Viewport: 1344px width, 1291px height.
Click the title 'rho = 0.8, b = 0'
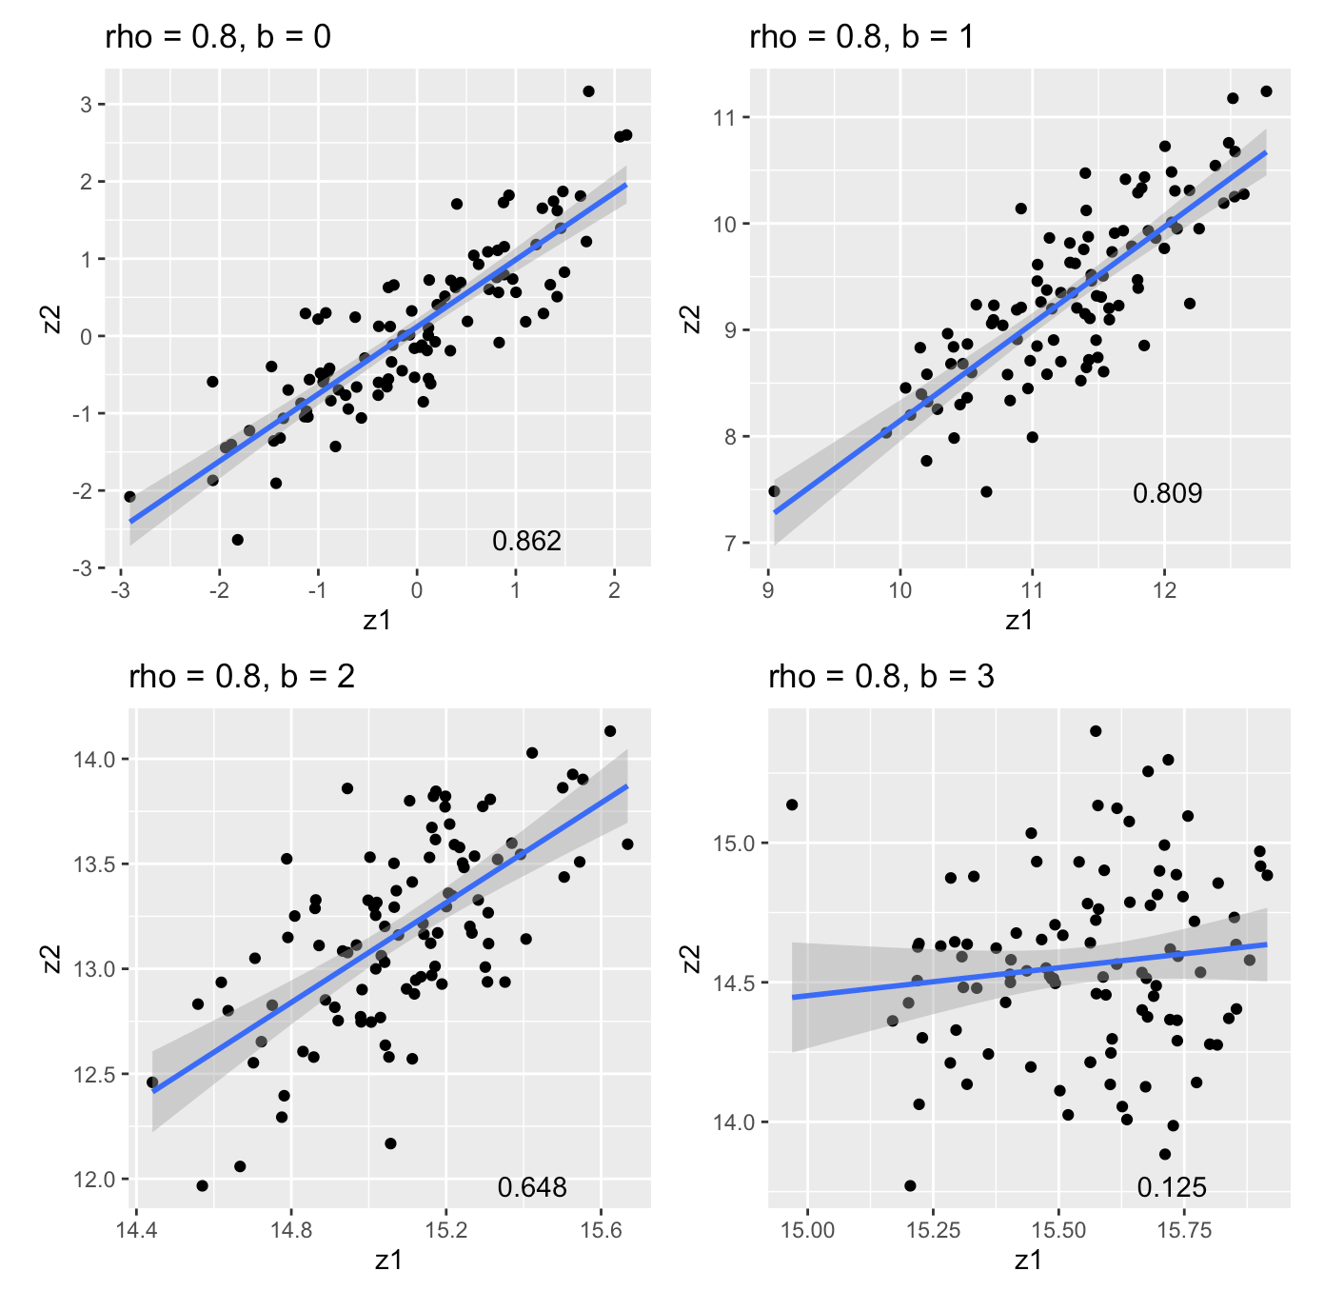pos(218,38)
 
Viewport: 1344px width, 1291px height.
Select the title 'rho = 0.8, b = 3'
pos(880,677)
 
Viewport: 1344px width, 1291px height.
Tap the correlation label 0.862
pos(526,542)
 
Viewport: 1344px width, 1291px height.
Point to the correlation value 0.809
pos(1167,493)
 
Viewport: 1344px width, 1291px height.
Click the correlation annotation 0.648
pos(531,1187)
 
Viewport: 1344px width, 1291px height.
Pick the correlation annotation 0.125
pos(1172,1187)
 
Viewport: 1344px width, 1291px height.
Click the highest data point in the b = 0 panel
pos(588,91)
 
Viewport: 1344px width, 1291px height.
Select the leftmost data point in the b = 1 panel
pos(774,491)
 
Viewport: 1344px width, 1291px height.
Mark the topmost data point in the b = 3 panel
pos(1096,731)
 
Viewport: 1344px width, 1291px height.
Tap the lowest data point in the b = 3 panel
pos(910,1185)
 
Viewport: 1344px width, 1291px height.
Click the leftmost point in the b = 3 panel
pos(792,804)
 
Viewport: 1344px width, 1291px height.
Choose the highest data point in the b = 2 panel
pos(610,731)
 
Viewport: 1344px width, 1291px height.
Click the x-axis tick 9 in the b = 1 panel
pos(768,590)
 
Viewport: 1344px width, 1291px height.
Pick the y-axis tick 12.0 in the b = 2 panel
pos(94,1180)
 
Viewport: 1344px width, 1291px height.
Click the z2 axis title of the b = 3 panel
pos(693,959)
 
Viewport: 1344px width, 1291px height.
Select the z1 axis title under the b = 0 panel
pos(377,620)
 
